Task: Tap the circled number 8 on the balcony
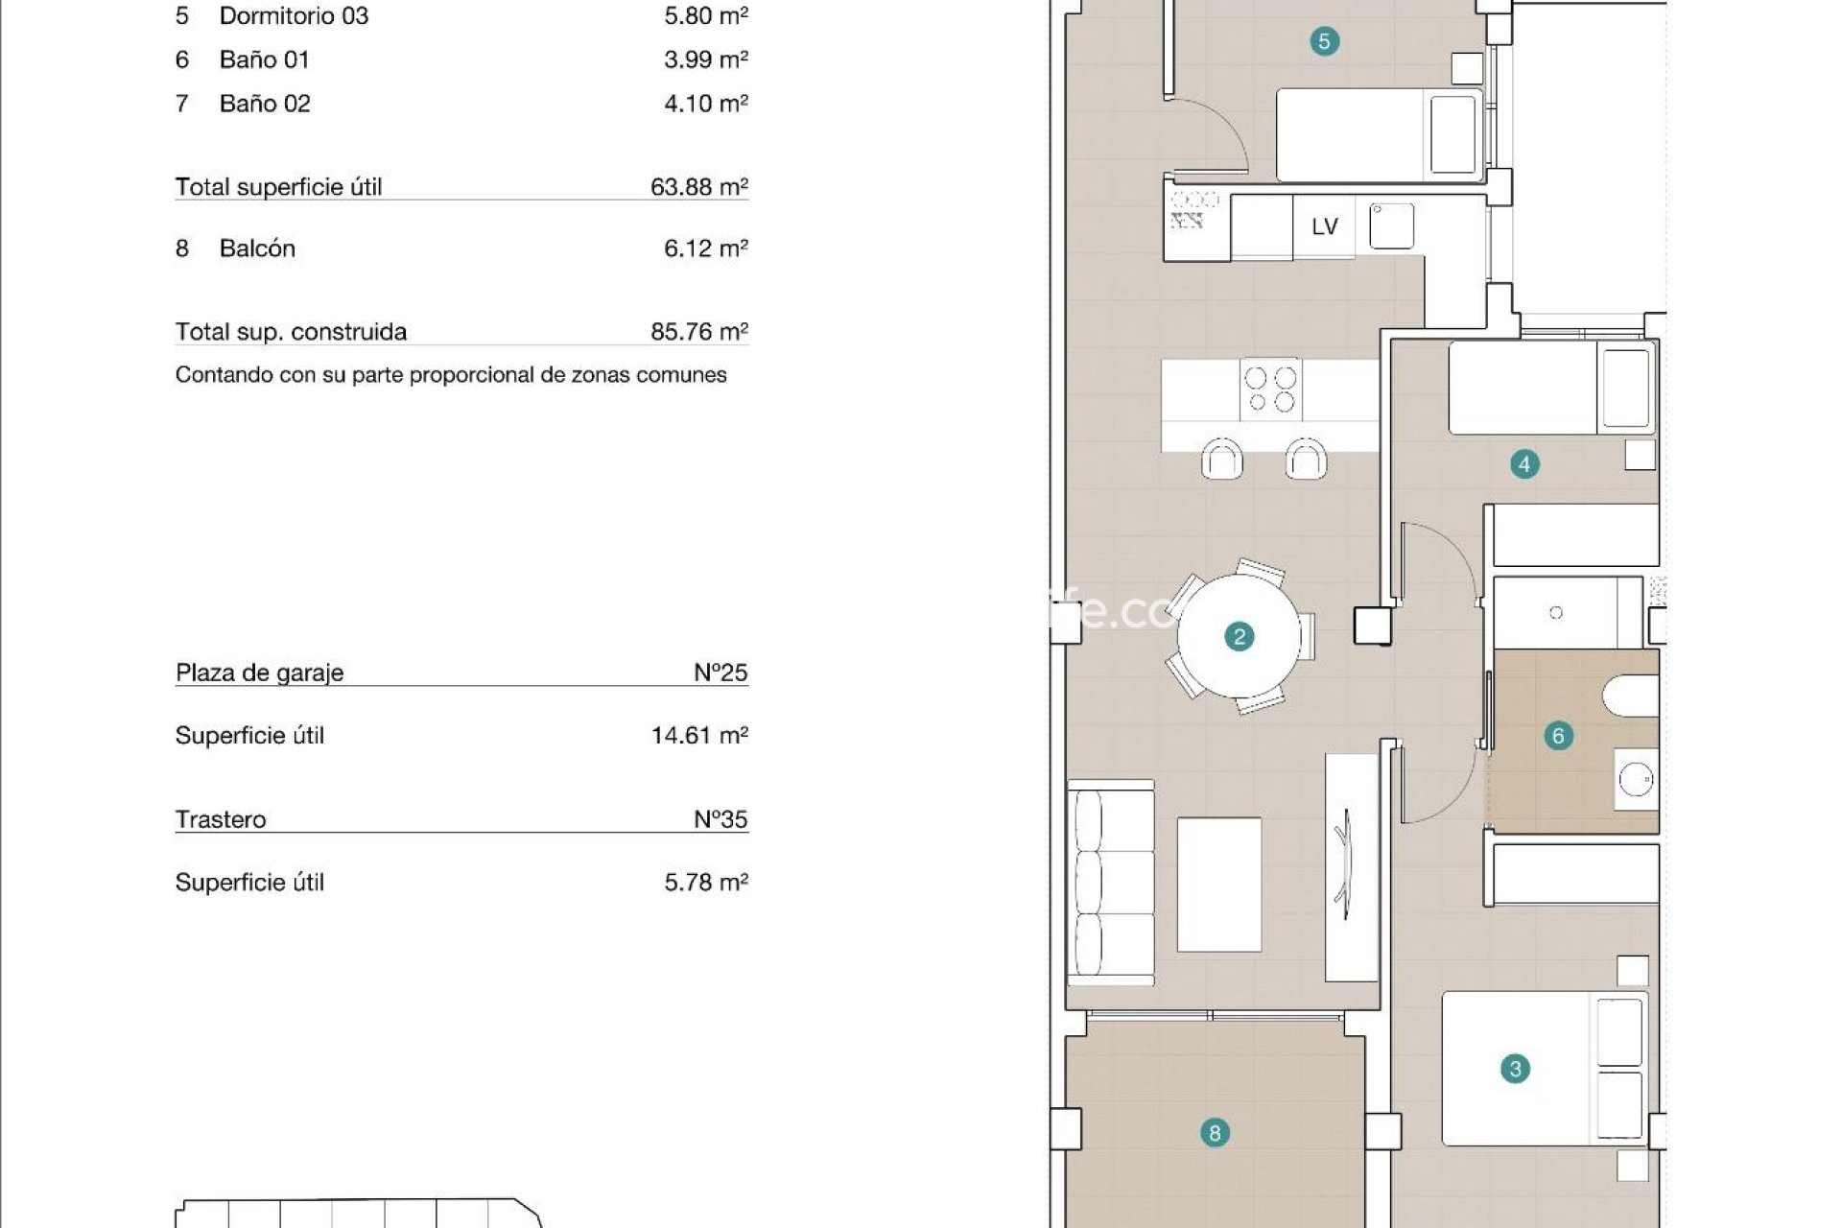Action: [x=1215, y=1133]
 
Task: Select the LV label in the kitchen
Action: [x=1324, y=226]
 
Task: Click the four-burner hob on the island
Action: [x=1270, y=390]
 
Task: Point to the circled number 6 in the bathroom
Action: [x=1558, y=736]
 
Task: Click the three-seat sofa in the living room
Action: [x=1111, y=883]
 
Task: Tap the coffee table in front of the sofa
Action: [x=1218, y=884]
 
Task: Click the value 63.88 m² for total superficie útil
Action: [x=698, y=186]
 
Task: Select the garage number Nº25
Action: [x=720, y=673]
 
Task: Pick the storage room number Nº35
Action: [x=720, y=819]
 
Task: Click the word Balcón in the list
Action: [x=257, y=248]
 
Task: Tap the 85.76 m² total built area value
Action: [x=698, y=332]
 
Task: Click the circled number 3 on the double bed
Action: [x=1515, y=1069]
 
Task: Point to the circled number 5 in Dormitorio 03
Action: [x=1324, y=41]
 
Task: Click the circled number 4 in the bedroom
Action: [x=1524, y=464]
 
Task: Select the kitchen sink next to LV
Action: [x=1391, y=226]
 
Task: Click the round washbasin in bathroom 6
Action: [x=1635, y=780]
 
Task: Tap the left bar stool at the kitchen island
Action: [x=1222, y=459]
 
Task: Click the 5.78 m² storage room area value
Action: [x=705, y=883]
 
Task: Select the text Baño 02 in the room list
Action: [x=265, y=104]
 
